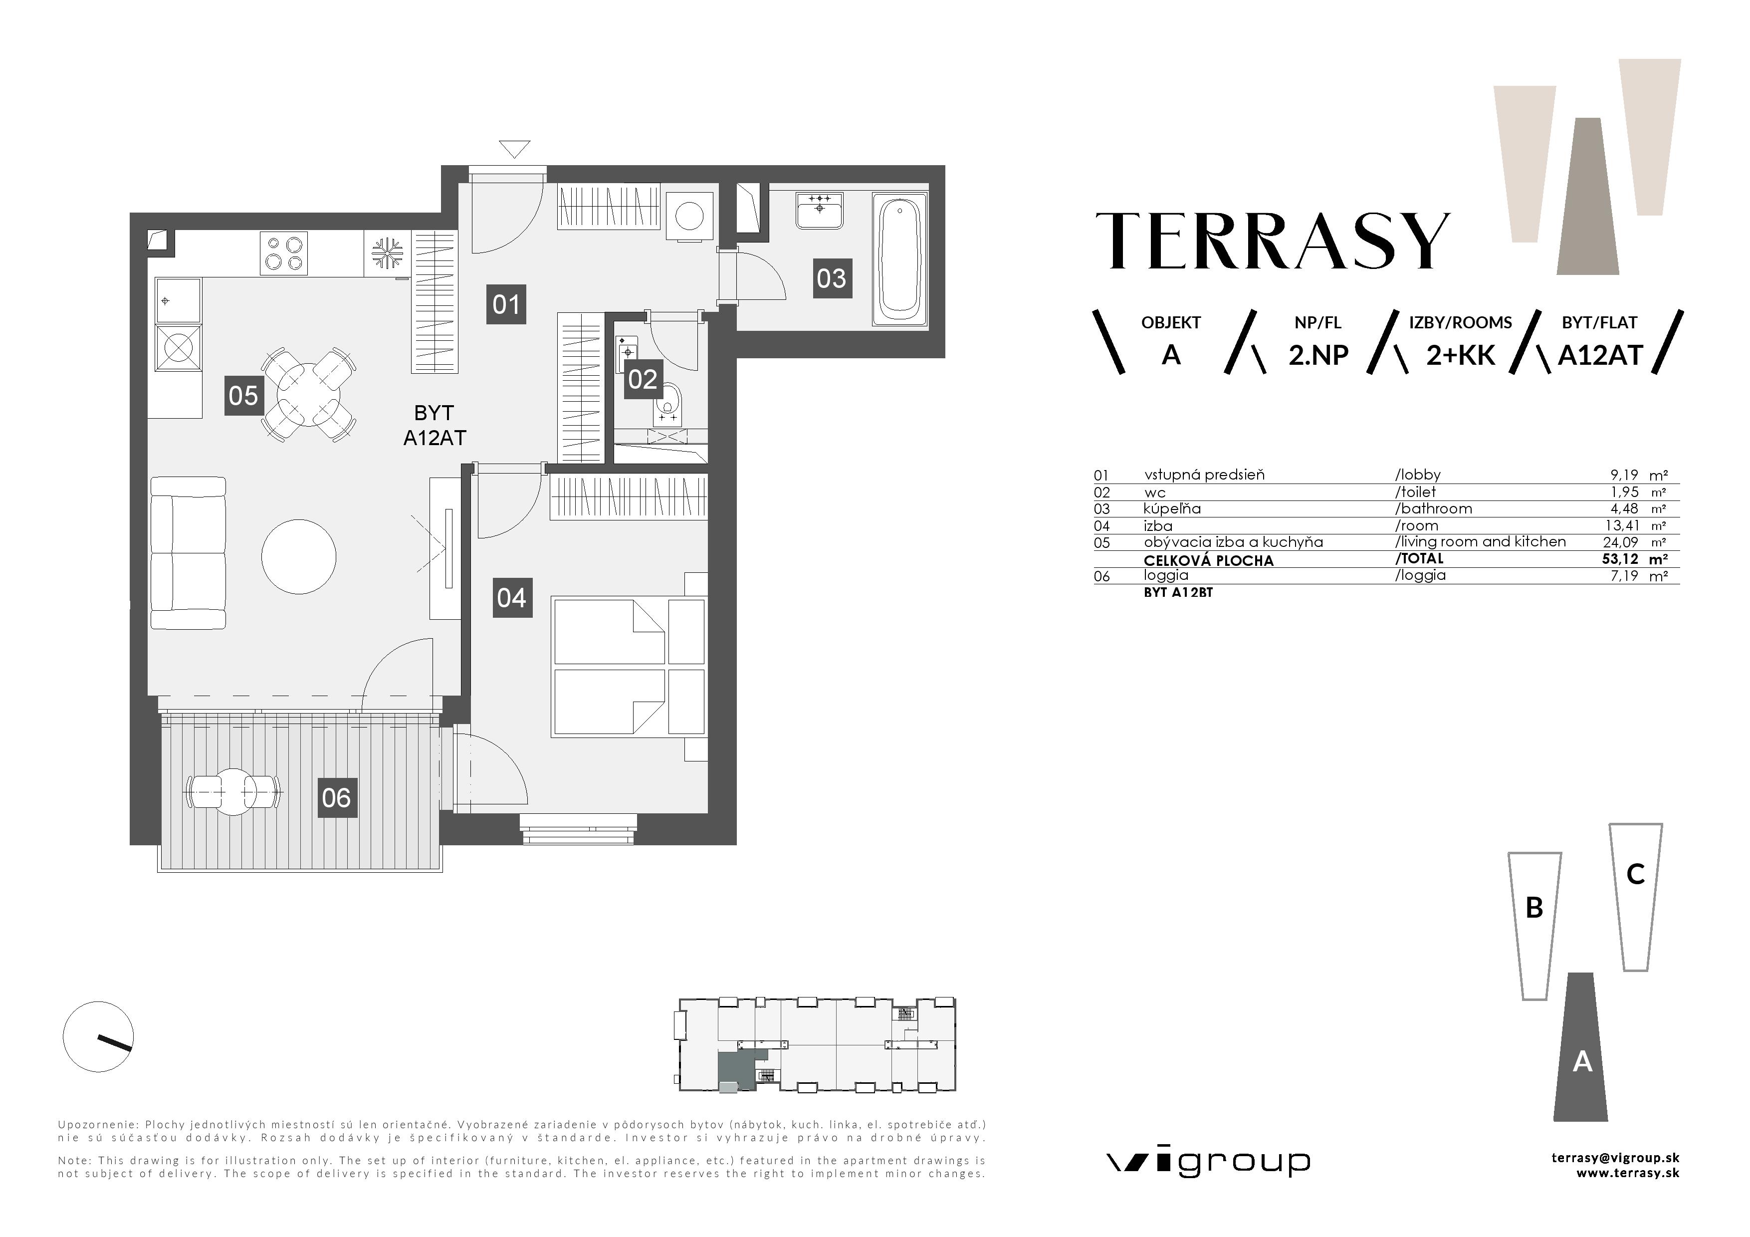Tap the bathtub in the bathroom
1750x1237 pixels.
point(900,259)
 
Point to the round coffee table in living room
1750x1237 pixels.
point(299,556)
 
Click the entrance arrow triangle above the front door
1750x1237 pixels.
point(514,148)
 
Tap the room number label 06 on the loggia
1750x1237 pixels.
point(336,798)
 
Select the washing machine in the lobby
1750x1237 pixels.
point(690,216)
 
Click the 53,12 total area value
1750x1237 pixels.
point(1620,559)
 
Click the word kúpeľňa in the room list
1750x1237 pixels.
point(1172,508)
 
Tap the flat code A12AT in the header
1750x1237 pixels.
point(1599,356)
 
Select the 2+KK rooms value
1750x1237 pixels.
point(1460,356)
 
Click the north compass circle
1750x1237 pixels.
point(98,1036)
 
